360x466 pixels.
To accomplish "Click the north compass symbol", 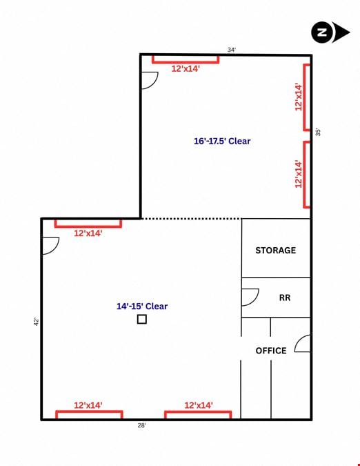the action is pyautogui.click(x=330, y=32).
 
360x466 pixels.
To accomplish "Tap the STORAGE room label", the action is pyautogui.click(x=275, y=250).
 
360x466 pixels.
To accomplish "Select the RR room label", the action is pyautogui.click(x=285, y=298).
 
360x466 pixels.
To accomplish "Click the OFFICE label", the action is pyautogui.click(x=271, y=351).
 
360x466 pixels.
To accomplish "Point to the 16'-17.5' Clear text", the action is pyautogui.click(x=222, y=141).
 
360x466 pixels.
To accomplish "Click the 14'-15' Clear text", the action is pyautogui.click(x=142, y=306).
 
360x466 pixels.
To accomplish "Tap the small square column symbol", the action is pyautogui.click(x=142, y=319).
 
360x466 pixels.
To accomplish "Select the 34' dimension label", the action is pyautogui.click(x=232, y=50).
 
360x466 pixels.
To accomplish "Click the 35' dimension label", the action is pyautogui.click(x=318, y=132).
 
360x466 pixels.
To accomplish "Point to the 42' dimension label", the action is pyautogui.click(x=37, y=322).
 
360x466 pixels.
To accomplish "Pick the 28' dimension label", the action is pyautogui.click(x=141, y=425).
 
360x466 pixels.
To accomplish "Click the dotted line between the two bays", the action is pyautogui.click(x=191, y=219).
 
